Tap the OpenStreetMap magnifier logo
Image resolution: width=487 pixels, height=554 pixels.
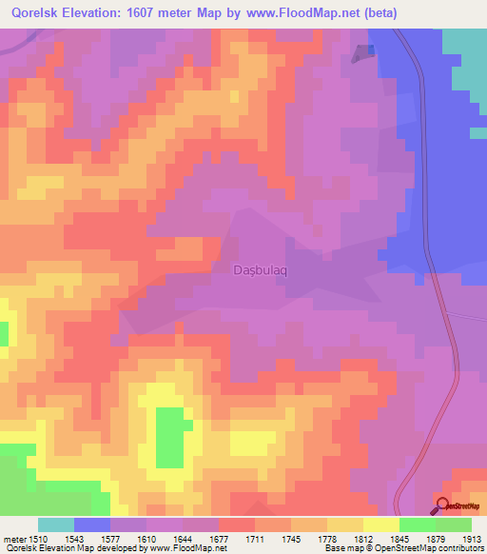[x=444, y=505]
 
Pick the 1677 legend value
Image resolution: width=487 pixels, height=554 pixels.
[x=221, y=539]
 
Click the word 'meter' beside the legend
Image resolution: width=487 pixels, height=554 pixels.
[x=13, y=539]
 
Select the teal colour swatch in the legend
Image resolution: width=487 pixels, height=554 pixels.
[x=56, y=524]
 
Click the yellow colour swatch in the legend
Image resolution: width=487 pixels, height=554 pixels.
[x=381, y=524]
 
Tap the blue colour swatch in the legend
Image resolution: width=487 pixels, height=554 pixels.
[x=92, y=524]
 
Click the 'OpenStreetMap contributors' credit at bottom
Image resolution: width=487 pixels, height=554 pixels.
[x=431, y=549]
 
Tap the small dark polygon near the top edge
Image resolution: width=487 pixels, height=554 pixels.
[x=362, y=54]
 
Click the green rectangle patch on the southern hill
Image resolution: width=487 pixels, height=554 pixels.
[x=169, y=437]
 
